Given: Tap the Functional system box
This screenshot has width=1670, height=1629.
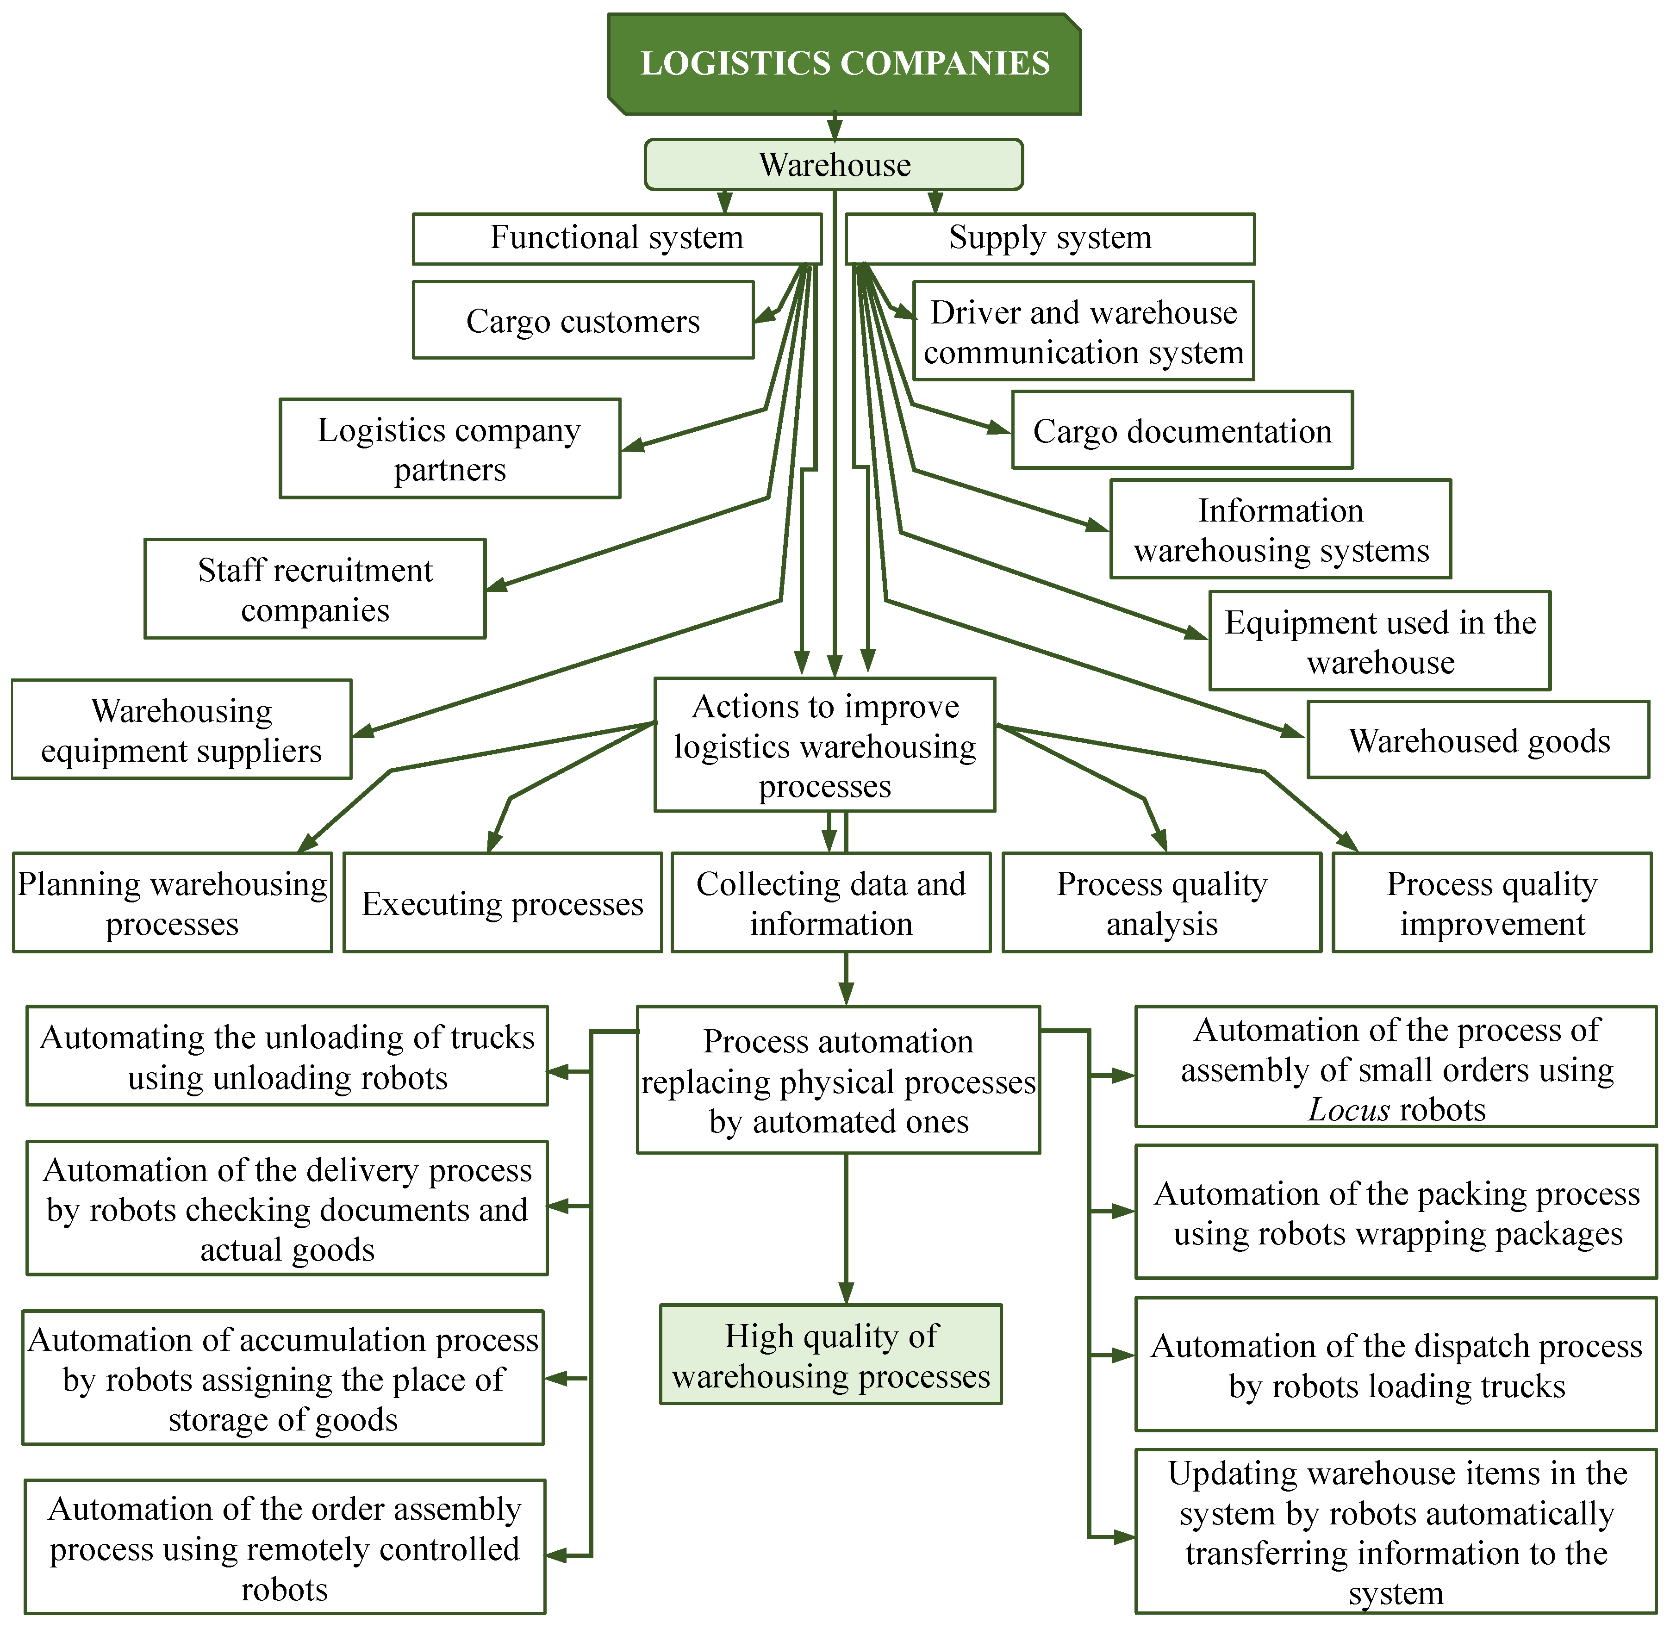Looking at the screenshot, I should pos(616,238).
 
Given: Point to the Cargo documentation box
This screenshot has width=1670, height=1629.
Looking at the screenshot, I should pos(1182,430).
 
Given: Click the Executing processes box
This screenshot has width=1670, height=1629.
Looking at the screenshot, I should pos(502,902).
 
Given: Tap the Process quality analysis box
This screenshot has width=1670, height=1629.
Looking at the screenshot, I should pos(1161,902).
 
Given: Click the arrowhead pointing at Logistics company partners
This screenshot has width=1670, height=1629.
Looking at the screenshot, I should pos(633,445).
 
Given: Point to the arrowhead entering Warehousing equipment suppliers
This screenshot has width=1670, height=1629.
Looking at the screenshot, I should pos(364,732).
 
